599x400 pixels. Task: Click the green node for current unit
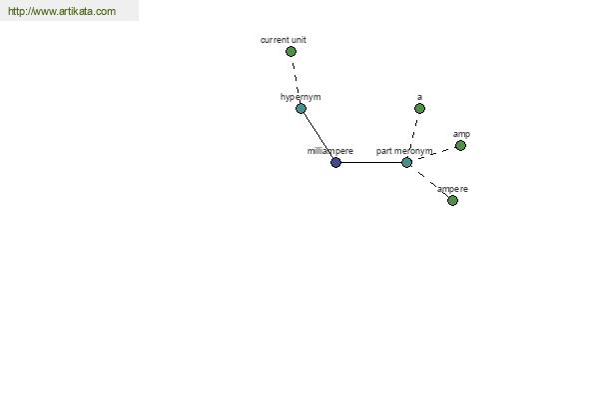(x=291, y=51)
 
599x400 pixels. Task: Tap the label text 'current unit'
(x=284, y=40)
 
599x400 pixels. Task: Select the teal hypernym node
(x=301, y=108)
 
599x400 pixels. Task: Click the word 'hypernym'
(x=300, y=97)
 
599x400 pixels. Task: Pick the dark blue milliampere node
(x=335, y=162)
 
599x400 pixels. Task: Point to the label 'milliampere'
(x=330, y=151)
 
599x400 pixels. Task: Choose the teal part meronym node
(x=407, y=162)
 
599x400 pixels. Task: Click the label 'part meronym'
(x=404, y=151)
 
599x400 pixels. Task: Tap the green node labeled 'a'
(x=419, y=108)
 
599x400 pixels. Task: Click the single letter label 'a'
(x=420, y=97)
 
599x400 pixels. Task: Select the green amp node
(x=460, y=145)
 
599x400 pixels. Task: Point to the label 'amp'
(x=461, y=134)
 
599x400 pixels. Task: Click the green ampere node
(x=452, y=200)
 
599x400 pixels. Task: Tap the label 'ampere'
(x=452, y=189)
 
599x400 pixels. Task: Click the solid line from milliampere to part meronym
(x=371, y=162)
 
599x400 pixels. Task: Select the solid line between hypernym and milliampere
(x=318, y=135)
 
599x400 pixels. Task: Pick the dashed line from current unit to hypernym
(x=296, y=80)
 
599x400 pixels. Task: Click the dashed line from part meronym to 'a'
(x=413, y=135)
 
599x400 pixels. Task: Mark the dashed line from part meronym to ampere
(x=429, y=181)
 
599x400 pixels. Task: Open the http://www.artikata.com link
(x=62, y=11)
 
